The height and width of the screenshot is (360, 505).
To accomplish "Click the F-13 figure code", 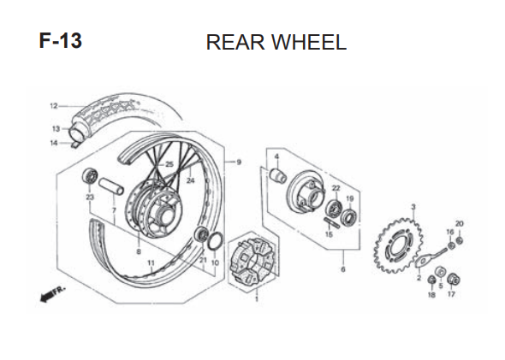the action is (x=61, y=41).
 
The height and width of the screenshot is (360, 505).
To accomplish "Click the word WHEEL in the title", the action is (x=309, y=43).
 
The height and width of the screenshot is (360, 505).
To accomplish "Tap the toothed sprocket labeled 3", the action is (x=399, y=245).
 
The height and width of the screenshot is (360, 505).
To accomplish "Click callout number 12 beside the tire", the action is (x=53, y=106).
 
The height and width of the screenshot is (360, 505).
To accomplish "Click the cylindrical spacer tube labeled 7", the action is (x=111, y=186).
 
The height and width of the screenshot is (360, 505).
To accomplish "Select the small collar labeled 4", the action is (x=278, y=175).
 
